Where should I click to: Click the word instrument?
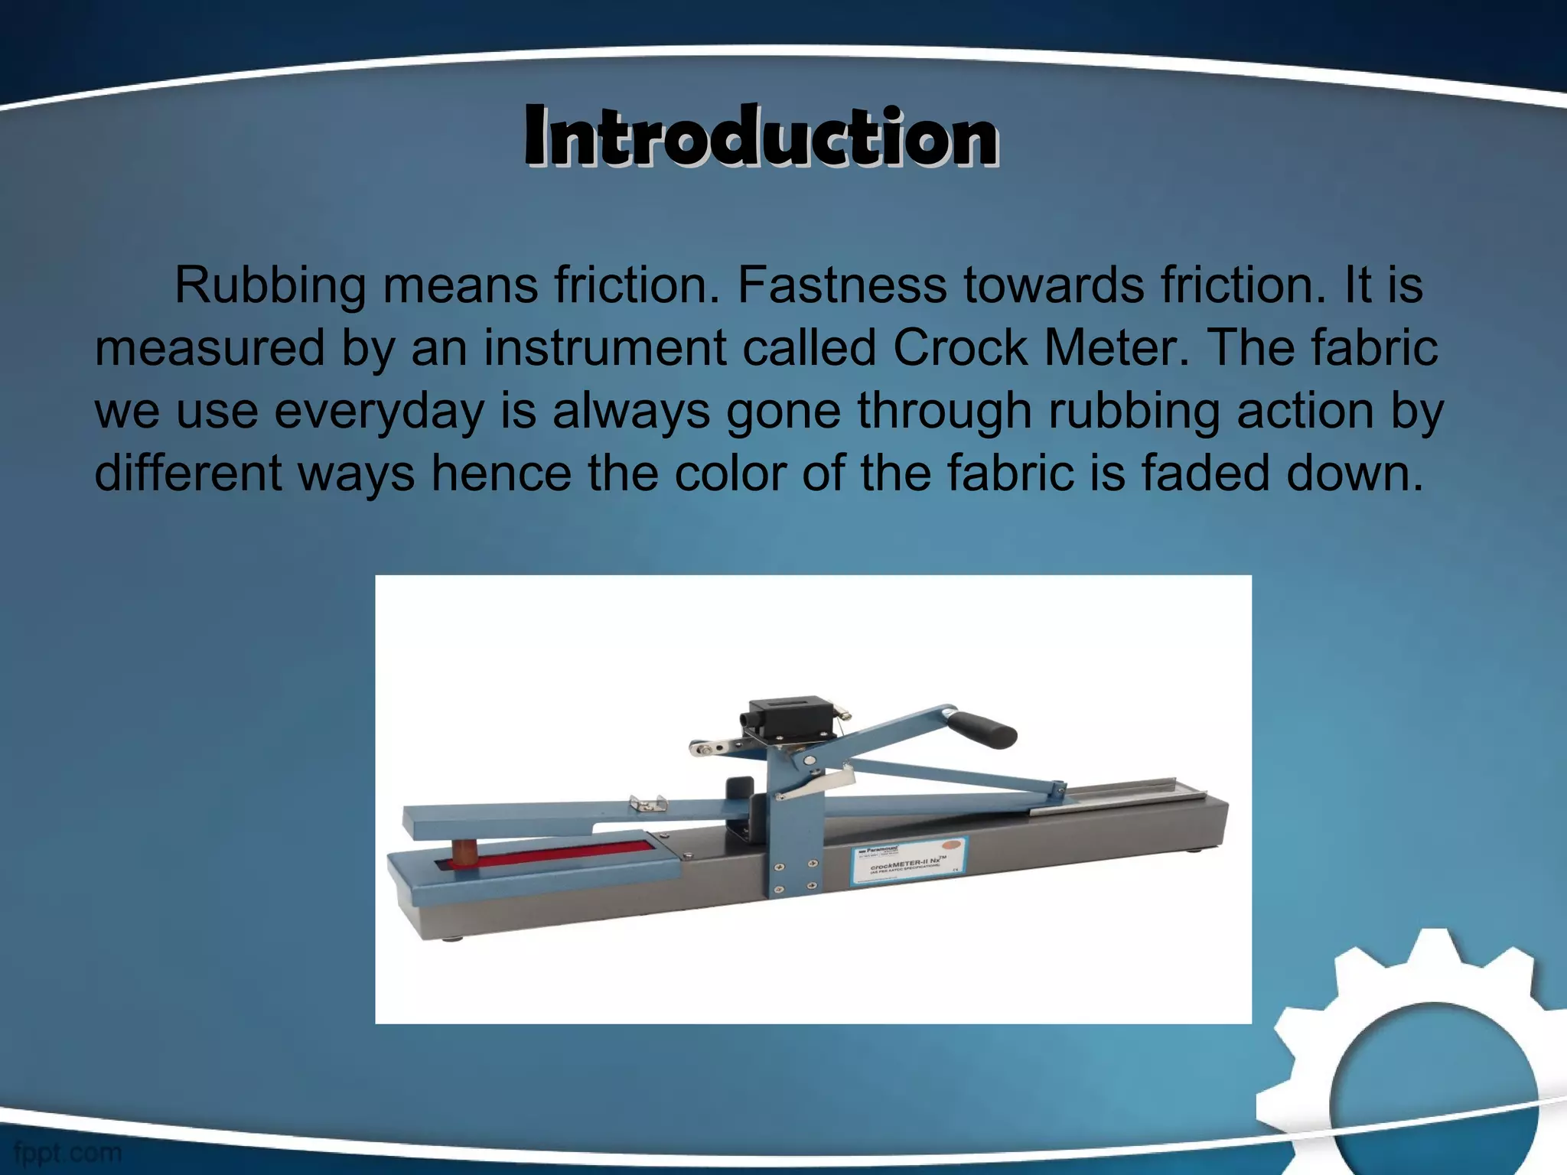604,348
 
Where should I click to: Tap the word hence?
500,474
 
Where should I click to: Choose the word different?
188,474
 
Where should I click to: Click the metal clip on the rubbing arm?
647,802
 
